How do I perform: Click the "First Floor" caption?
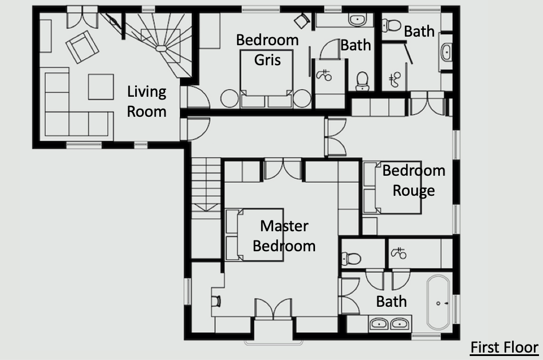click(x=504, y=347)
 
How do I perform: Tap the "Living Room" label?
click(x=147, y=102)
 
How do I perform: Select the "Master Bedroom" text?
click(x=284, y=236)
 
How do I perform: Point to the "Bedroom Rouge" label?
click(x=414, y=180)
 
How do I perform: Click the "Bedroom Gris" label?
click(x=267, y=50)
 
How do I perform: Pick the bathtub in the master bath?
click(x=438, y=302)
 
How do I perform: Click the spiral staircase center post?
click(x=162, y=48)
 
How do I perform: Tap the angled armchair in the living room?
click(x=82, y=47)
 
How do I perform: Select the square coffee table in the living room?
click(x=101, y=87)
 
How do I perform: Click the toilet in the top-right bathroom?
click(x=391, y=25)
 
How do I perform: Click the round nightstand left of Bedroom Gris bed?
click(x=230, y=98)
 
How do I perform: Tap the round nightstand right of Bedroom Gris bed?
click(x=302, y=98)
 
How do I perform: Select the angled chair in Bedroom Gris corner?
click(x=302, y=21)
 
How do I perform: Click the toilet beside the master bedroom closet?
click(x=351, y=258)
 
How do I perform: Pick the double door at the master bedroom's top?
click(x=282, y=169)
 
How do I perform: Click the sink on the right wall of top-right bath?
click(x=446, y=53)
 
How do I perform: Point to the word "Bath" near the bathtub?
click(x=391, y=302)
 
